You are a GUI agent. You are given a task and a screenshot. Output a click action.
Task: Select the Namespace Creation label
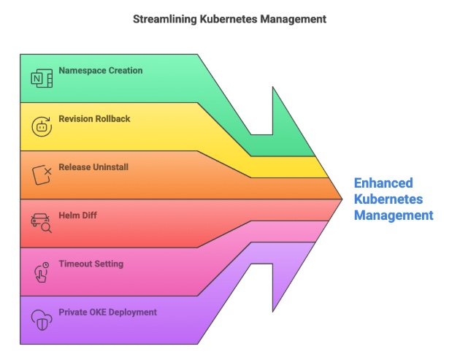(101, 71)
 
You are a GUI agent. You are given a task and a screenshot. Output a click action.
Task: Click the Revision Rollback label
(95, 119)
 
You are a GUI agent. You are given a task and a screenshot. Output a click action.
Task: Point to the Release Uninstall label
(93, 167)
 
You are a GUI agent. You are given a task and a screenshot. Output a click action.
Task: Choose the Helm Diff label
(77, 215)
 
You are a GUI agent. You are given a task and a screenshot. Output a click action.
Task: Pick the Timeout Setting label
(91, 264)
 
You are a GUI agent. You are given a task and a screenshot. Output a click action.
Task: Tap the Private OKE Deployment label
(108, 312)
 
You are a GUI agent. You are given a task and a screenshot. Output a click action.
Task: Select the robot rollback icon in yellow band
(41, 126)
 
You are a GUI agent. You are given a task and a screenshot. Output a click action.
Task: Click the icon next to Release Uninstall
(41, 175)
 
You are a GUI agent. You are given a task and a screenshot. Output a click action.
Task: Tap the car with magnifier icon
(41, 223)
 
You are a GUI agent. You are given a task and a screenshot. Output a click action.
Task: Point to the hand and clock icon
(41, 271)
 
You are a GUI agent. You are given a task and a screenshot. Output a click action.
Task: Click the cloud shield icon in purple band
(41, 319)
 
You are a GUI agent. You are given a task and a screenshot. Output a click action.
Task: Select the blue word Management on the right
(394, 215)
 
